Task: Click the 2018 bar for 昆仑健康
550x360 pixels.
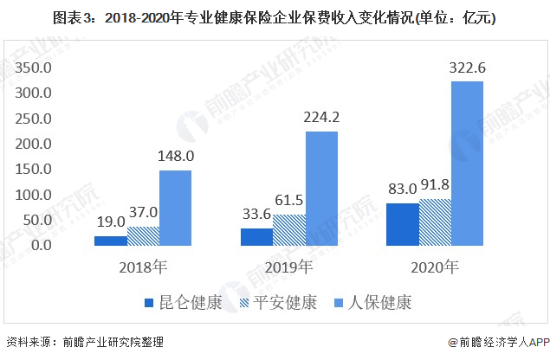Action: [110, 241]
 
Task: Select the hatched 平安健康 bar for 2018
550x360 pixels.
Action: [142, 236]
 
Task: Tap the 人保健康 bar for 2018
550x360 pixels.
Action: [174, 208]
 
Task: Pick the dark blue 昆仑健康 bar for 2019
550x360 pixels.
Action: [256, 237]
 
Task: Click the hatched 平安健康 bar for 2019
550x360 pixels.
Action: [288, 230]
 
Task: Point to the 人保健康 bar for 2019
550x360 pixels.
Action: [320, 189]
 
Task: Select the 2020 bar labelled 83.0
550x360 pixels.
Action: [402, 224]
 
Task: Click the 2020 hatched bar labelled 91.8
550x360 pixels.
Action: [435, 222]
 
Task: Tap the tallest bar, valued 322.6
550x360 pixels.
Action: [467, 164]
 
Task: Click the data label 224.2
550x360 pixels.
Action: [320, 118]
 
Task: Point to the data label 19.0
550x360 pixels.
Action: [110, 222]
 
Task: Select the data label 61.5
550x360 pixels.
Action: [288, 201]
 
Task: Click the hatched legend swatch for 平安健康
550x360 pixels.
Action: [244, 303]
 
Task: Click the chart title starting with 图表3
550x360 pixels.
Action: [275, 16]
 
